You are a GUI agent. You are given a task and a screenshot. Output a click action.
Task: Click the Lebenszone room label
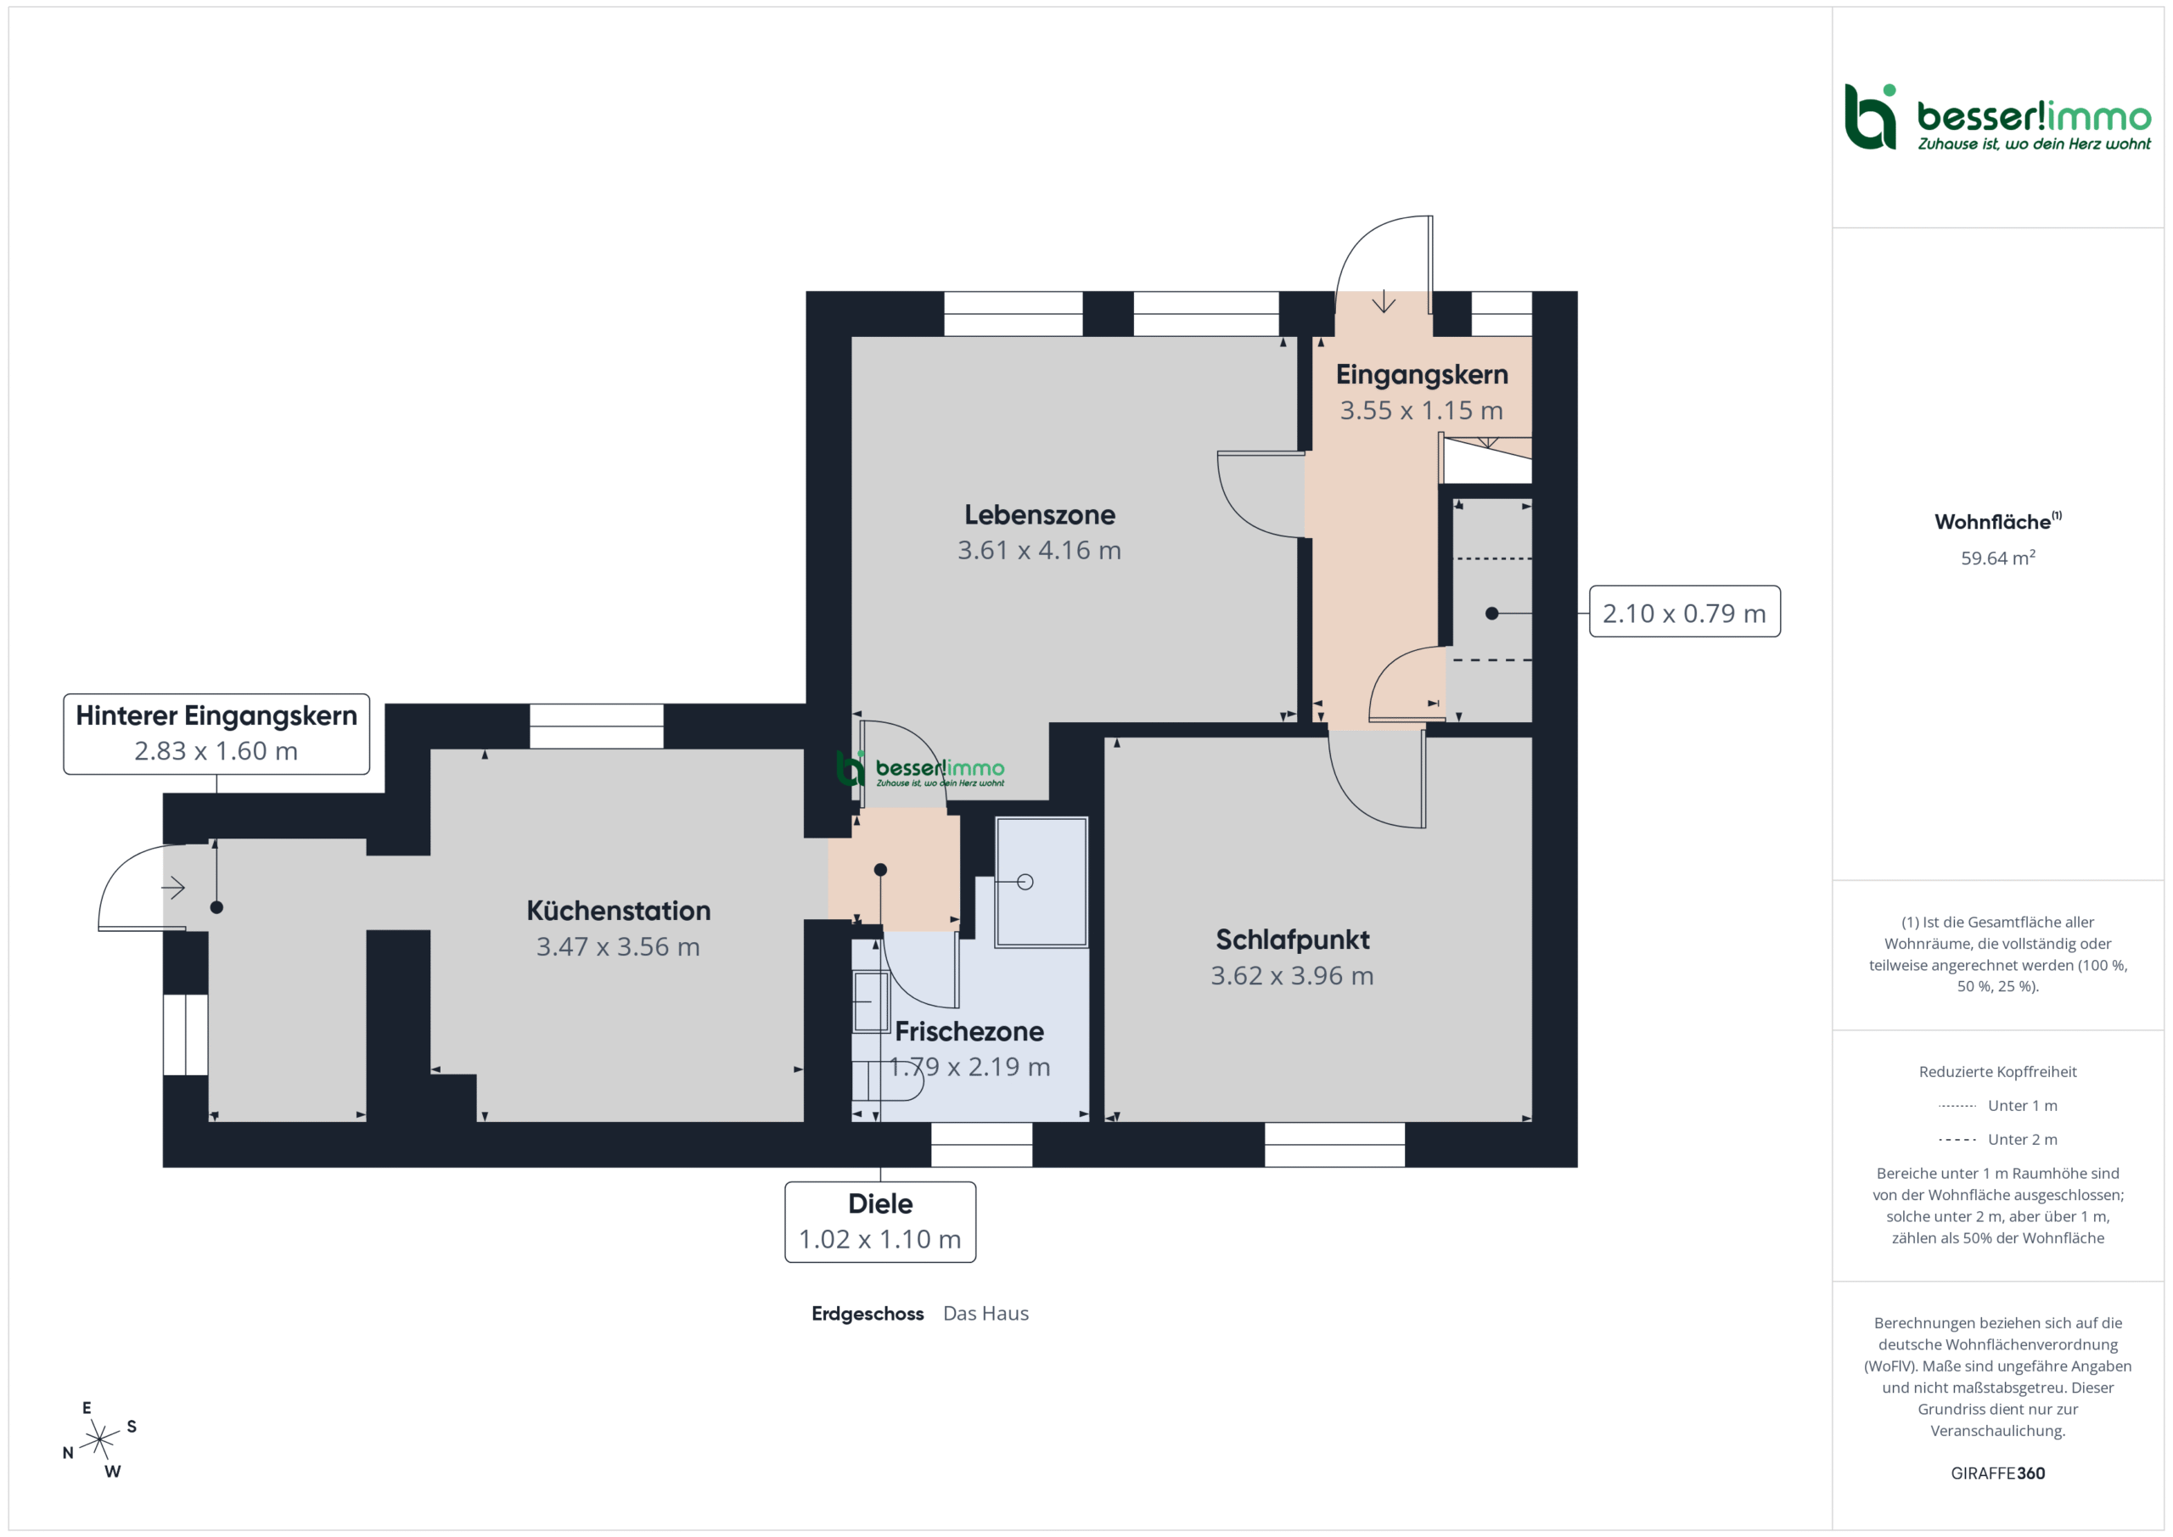(1039, 515)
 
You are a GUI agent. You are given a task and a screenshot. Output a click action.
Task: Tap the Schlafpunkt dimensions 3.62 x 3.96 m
(1292, 976)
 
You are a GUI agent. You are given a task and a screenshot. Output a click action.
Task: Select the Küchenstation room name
(618, 911)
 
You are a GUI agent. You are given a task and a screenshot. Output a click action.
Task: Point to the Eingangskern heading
(1422, 375)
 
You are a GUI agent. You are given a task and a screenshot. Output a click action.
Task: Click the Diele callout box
(880, 1222)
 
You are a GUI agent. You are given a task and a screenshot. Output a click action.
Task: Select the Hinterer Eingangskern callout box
(216, 734)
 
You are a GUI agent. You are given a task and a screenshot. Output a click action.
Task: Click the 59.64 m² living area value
(1998, 558)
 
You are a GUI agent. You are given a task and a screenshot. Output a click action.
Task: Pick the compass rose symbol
(99, 1439)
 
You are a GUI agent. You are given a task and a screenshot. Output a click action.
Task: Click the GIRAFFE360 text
(1998, 1473)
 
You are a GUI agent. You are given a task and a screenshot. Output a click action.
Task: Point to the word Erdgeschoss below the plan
(867, 1314)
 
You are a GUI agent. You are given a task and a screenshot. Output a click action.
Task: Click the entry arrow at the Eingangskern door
(1384, 301)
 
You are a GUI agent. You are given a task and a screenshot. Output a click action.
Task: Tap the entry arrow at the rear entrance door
(173, 888)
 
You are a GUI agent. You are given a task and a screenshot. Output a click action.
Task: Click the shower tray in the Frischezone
(1041, 882)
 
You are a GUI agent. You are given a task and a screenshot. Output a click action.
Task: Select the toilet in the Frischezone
(887, 1080)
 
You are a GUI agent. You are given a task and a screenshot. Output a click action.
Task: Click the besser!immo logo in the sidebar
(1998, 117)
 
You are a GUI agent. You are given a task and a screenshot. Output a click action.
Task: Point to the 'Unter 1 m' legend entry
(1998, 1105)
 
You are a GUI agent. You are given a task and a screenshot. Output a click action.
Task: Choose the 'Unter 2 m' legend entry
(1998, 1140)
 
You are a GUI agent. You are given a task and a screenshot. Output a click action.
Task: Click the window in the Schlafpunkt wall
(1334, 1144)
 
